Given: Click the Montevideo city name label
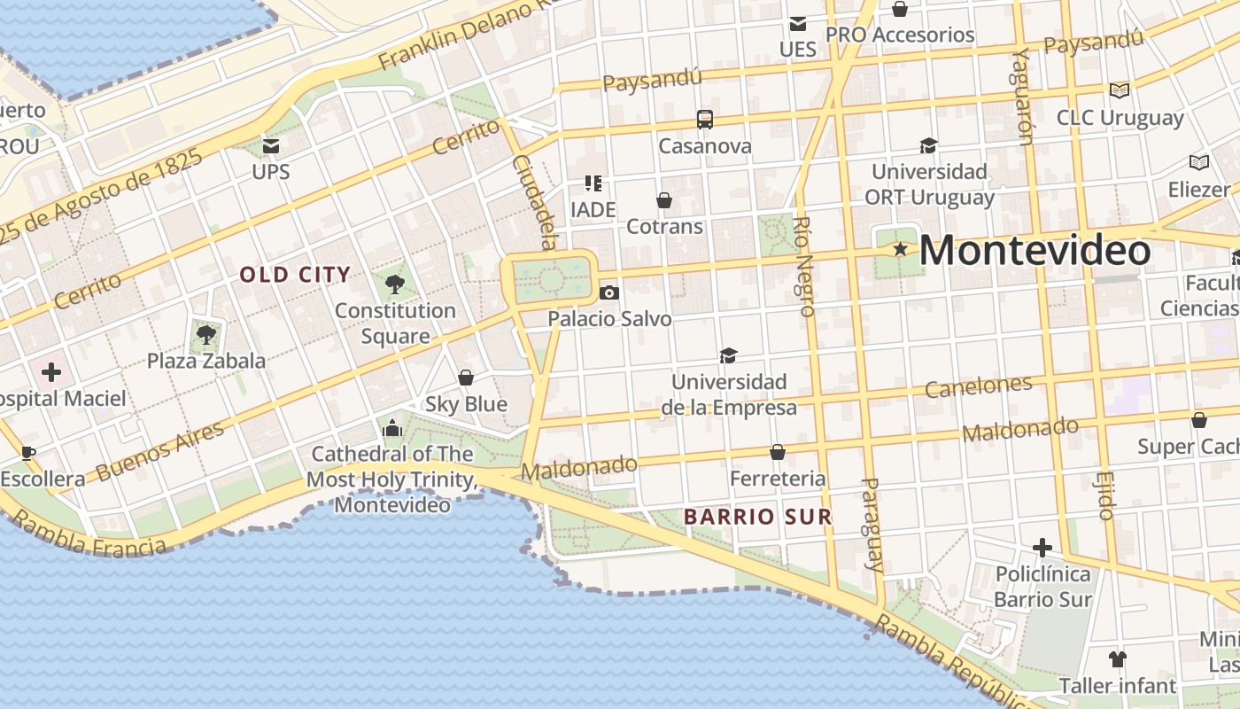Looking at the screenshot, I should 1035,250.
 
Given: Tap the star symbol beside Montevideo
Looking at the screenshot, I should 901,249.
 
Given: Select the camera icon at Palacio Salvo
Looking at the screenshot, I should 609,292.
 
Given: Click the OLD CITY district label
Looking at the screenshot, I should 295,275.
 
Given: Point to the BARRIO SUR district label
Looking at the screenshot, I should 757,517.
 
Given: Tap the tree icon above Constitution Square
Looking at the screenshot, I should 395,284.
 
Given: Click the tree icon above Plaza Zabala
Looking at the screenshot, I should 206,335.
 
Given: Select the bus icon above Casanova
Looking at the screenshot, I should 705,120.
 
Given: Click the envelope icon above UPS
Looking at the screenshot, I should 271,145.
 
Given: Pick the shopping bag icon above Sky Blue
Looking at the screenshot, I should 466,378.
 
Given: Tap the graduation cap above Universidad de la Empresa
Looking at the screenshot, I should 728,355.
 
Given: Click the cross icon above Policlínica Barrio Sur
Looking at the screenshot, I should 1042,547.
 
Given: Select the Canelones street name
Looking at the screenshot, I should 978,386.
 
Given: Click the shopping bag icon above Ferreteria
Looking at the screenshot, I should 778,452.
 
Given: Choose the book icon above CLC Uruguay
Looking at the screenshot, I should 1120,90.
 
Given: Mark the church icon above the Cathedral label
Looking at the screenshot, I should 392,429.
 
